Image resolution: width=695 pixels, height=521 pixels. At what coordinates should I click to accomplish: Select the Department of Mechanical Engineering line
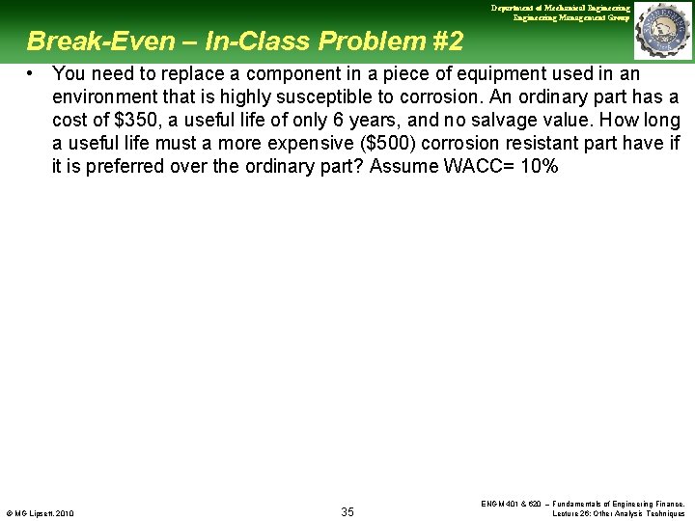pos(560,8)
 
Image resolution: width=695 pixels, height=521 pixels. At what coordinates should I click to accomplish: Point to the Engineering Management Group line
pos(571,17)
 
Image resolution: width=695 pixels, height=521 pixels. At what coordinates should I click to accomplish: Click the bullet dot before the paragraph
pos(32,73)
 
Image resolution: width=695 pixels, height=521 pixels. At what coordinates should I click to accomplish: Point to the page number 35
pos(347,511)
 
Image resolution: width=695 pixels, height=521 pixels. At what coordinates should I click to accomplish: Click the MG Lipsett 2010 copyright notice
pos(40,512)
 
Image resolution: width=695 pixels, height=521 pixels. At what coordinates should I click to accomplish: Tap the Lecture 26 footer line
pos(618,513)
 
